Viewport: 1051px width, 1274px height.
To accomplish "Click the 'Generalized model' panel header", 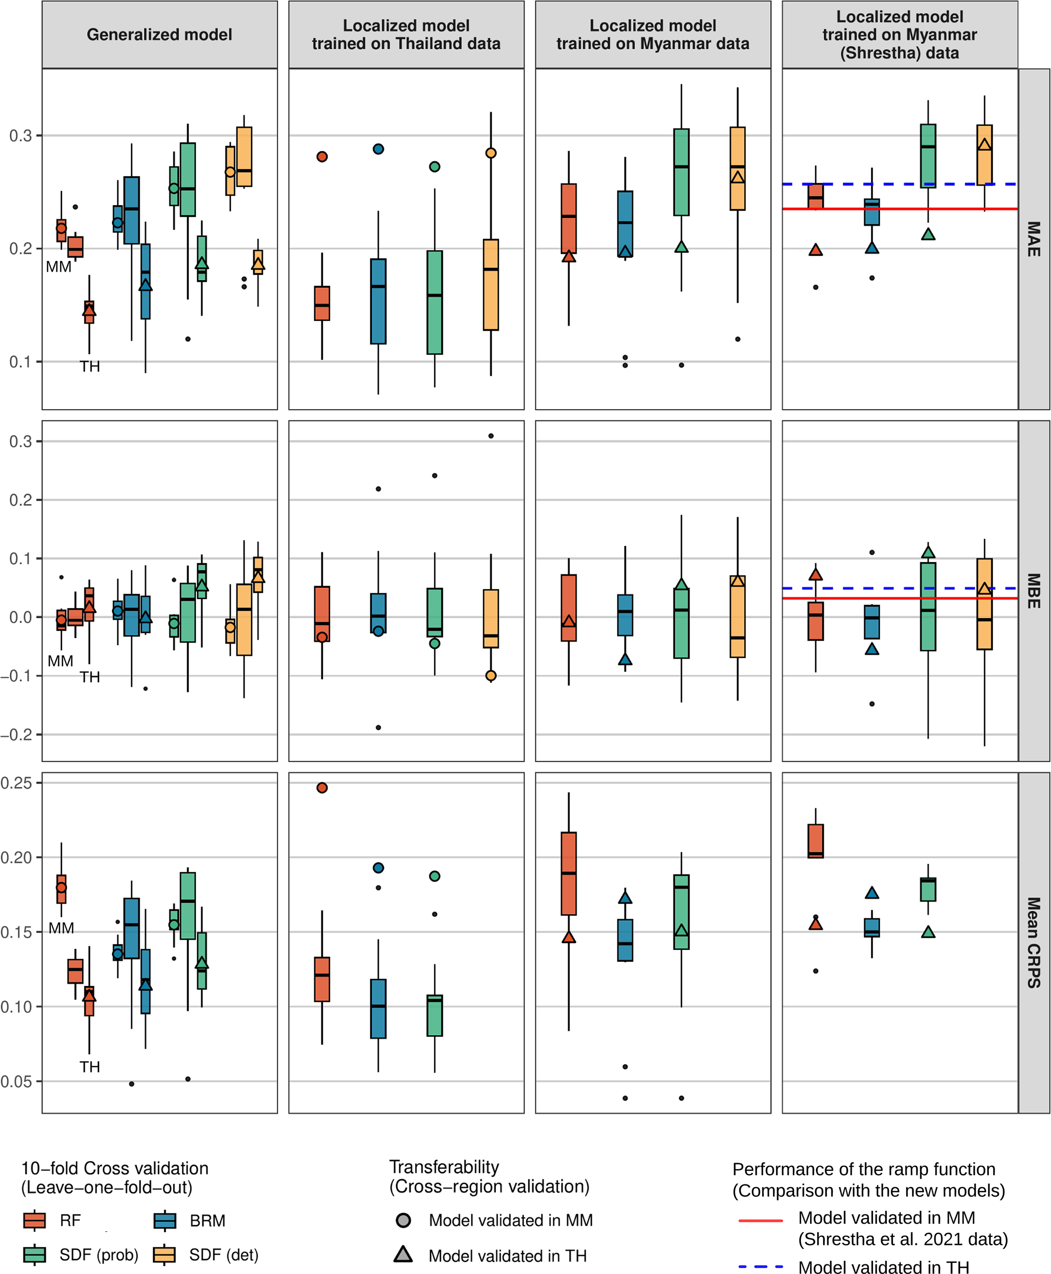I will point(159,35).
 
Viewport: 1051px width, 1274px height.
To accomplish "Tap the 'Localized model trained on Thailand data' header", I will point(406,35).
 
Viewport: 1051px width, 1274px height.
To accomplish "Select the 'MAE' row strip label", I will point(1033,239).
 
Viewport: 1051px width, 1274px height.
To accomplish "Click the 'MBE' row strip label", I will point(1033,591).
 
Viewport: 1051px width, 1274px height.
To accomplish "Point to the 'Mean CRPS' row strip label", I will point(1033,942).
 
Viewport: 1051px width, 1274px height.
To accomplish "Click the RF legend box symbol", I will point(35,1220).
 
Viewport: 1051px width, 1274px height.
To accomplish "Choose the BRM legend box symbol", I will point(165,1220).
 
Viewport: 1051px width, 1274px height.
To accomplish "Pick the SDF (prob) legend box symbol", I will point(35,1255).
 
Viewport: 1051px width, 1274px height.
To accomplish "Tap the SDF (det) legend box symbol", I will point(165,1255).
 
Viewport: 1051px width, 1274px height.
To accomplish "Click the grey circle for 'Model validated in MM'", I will point(403,1220).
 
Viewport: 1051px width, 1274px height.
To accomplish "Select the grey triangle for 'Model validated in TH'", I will point(403,1255).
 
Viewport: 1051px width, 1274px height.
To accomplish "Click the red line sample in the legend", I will point(760,1220).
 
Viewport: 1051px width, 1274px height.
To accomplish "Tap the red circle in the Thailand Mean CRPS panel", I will point(322,788).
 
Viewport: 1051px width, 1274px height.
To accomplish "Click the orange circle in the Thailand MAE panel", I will point(491,153).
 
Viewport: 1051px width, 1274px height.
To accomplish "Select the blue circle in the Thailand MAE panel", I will point(378,149).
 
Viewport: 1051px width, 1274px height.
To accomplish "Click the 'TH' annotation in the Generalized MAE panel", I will point(89,366).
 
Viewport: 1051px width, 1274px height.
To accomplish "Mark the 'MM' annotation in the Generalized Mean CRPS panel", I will point(61,928).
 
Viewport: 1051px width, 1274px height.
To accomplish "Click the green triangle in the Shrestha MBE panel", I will point(928,553).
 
